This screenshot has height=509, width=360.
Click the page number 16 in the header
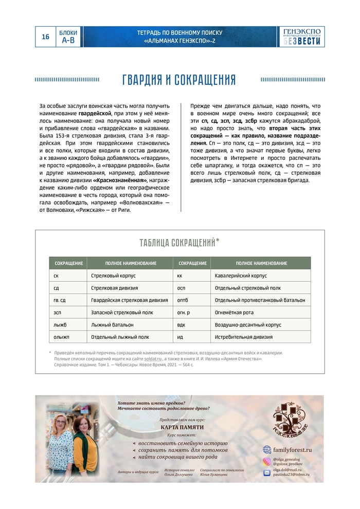coord(45,37)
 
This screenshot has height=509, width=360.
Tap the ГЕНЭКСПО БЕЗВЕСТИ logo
coord(302,37)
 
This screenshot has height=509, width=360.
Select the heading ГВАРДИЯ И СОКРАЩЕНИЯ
coord(179,80)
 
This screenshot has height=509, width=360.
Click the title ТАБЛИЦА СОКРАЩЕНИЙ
coord(179,243)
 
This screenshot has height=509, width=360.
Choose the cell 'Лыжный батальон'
coord(112,325)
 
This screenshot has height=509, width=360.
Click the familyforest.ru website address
coord(293,449)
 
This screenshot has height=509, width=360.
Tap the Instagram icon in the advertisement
coord(267,462)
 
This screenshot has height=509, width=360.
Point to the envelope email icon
coord(267,472)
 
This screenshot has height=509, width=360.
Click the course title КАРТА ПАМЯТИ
coord(182,427)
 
